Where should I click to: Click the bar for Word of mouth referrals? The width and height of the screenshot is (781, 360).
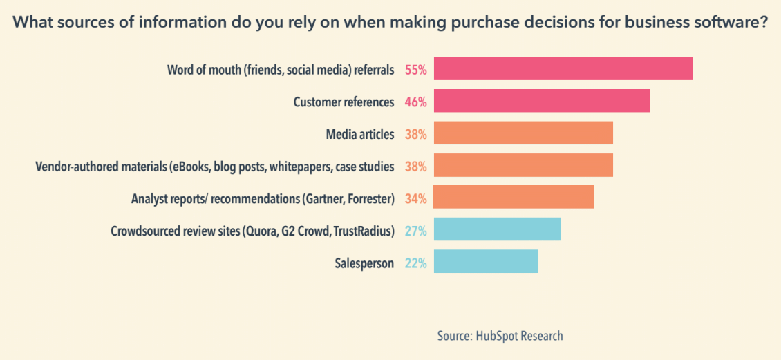pos(563,68)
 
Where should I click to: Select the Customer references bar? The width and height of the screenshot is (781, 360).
pos(542,101)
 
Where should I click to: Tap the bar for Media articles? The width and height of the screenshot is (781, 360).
pos(523,133)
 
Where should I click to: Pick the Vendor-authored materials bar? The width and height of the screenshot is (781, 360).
pos(523,166)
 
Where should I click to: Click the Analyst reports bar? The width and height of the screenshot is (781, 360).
pos(514,198)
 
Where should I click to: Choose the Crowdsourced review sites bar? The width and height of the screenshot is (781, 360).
pos(497,229)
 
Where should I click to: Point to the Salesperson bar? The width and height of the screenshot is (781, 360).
pos(485,262)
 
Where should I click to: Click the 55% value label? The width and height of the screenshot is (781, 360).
pos(415,70)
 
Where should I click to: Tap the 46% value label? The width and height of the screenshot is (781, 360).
pos(415,102)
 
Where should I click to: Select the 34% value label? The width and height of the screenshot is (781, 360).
pos(415,199)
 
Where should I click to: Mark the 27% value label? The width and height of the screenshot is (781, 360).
pos(415,231)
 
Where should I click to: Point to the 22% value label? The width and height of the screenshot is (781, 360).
pos(415,263)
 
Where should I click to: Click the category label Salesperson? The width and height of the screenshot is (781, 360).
pos(364,263)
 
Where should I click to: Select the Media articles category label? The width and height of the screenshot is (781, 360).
pos(359,134)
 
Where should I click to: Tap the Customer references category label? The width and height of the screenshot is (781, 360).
pos(344,102)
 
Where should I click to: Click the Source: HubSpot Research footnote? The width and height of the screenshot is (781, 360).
pos(500,336)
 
